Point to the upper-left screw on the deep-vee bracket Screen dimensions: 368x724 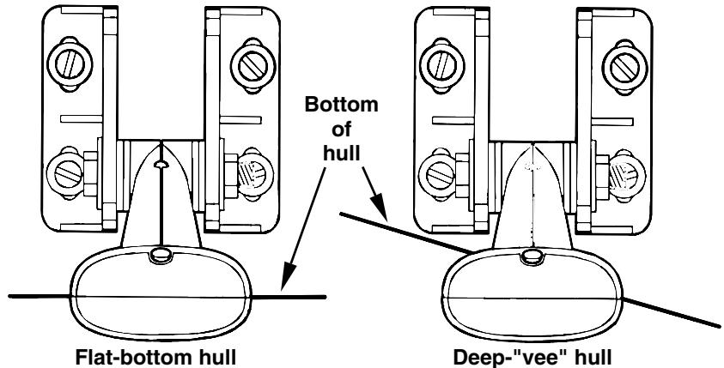pos(443,63)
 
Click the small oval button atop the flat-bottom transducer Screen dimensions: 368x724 pos(159,253)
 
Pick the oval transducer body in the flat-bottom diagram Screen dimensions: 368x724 pos(159,292)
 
